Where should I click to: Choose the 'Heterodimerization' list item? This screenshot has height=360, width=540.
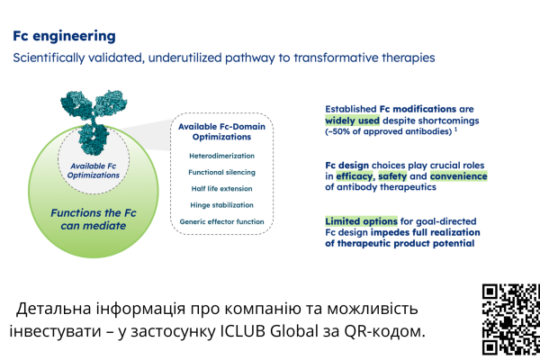click(221, 156)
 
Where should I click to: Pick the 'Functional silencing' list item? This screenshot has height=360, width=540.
click(221, 173)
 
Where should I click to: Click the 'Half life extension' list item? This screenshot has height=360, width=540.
click(221, 190)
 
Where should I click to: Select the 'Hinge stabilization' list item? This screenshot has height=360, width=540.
click(221, 206)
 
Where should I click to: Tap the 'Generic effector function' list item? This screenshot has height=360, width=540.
click(221, 222)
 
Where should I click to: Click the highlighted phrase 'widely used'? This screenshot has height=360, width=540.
click(355, 121)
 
